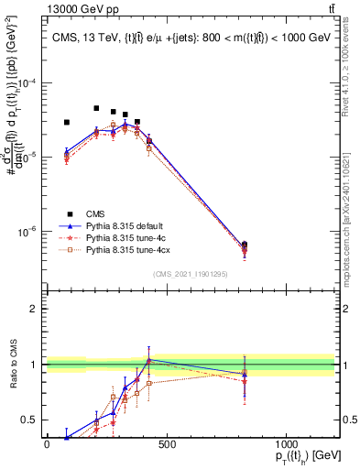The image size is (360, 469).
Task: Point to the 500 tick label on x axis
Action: coord(166,444)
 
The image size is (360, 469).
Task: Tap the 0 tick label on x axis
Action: coord(47,444)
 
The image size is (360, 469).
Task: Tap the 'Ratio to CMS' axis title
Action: coord(12,365)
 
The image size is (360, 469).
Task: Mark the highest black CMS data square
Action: coord(96,108)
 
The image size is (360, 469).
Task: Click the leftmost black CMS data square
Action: coord(67,122)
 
